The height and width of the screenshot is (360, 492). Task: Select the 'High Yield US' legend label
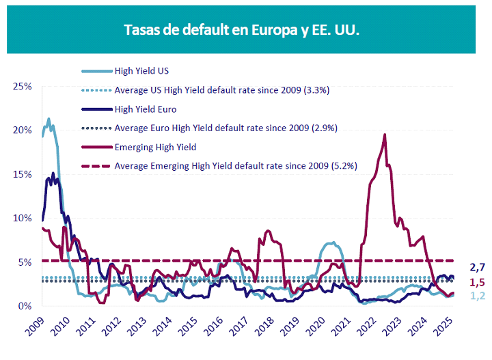(x=141, y=70)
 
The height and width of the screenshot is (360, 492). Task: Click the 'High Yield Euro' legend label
(x=146, y=109)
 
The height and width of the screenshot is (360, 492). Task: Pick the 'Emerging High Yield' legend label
(x=155, y=147)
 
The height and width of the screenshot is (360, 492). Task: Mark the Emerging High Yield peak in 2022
(x=385, y=135)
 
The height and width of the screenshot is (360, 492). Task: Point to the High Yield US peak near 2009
(x=49, y=119)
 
